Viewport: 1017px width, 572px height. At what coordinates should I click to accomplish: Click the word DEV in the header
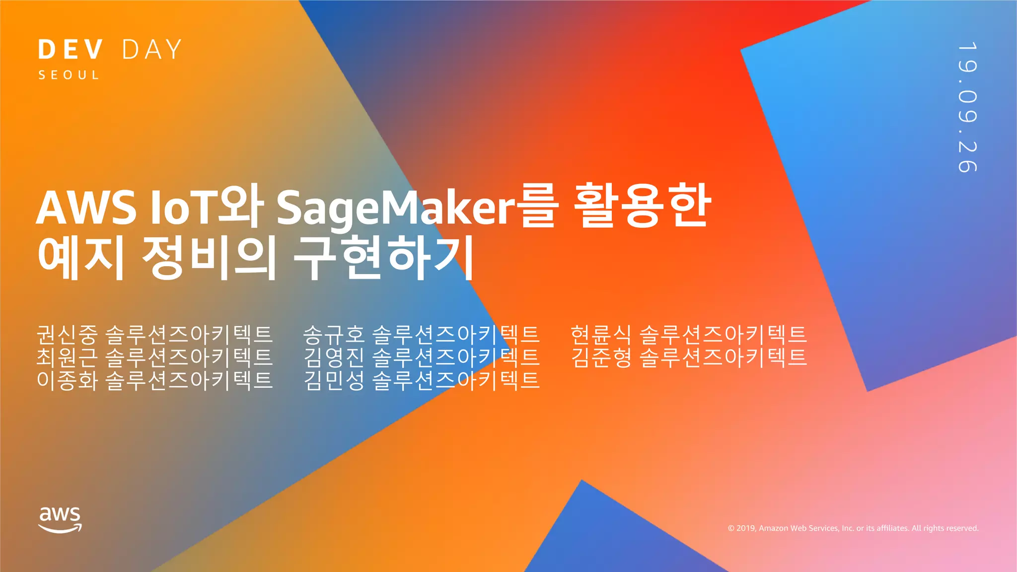71,50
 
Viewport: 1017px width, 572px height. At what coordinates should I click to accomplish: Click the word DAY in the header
151,50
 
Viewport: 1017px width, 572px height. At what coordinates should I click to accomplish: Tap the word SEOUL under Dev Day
69,75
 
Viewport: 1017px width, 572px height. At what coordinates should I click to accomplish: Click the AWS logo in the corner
60,519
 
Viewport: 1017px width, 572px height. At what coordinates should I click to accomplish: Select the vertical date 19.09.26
967,107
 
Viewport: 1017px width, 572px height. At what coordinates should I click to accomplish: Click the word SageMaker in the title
396,208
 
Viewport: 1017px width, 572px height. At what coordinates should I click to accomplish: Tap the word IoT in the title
182,208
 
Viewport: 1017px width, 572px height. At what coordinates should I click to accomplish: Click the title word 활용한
642,205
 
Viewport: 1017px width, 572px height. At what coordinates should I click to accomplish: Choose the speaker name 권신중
67,334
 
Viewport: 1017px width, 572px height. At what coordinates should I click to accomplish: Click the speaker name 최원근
67,357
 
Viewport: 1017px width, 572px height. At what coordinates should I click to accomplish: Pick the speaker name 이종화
67,380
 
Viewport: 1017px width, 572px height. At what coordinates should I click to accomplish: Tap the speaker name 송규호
334,334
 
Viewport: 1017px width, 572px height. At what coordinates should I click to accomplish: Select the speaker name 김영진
334,357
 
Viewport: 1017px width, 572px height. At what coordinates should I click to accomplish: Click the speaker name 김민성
334,380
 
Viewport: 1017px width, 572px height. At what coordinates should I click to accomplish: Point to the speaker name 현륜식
601,334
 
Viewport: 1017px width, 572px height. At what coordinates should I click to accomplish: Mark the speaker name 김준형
601,357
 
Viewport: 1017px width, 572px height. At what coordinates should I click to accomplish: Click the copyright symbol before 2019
731,528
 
